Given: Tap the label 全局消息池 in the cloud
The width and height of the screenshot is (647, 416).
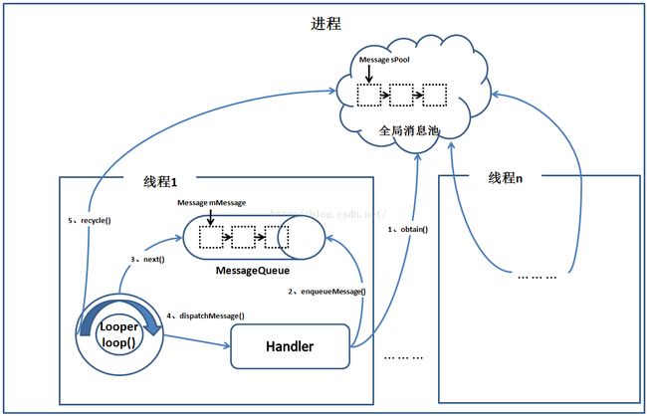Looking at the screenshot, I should click(409, 130).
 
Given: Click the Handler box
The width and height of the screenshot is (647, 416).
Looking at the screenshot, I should click(290, 345).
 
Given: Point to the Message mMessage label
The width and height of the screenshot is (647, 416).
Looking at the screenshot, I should click(211, 202).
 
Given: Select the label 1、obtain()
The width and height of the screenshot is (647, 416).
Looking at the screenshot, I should click(406, 230).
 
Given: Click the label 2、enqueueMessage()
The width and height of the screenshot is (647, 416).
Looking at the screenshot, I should click(327, 291).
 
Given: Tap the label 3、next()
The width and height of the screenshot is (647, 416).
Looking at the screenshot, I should click(147, 259).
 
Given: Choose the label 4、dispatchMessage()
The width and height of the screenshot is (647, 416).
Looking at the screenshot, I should click(206, 315).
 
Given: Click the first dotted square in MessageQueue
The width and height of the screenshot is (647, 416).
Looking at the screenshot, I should click(211, 237).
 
